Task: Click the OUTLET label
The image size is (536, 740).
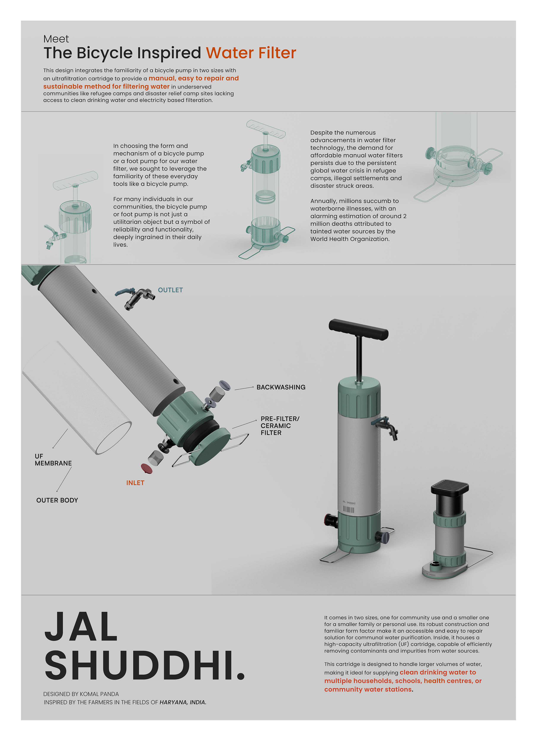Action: tap(170, 290)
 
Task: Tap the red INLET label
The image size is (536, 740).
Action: tap(135, 483)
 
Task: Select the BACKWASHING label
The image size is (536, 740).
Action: tap(281, 387)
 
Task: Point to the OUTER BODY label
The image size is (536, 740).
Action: tap(57, 500)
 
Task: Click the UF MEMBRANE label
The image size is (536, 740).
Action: tap(53, 460)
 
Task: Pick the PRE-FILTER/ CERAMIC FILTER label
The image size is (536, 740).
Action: tap(280, 426)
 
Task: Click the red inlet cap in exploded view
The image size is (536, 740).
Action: tap(147, 468)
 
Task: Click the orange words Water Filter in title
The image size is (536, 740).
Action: tap(251, 53)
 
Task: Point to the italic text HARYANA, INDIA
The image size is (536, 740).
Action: tap(183, 702)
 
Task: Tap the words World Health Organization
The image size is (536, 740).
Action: tap(350, 239)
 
